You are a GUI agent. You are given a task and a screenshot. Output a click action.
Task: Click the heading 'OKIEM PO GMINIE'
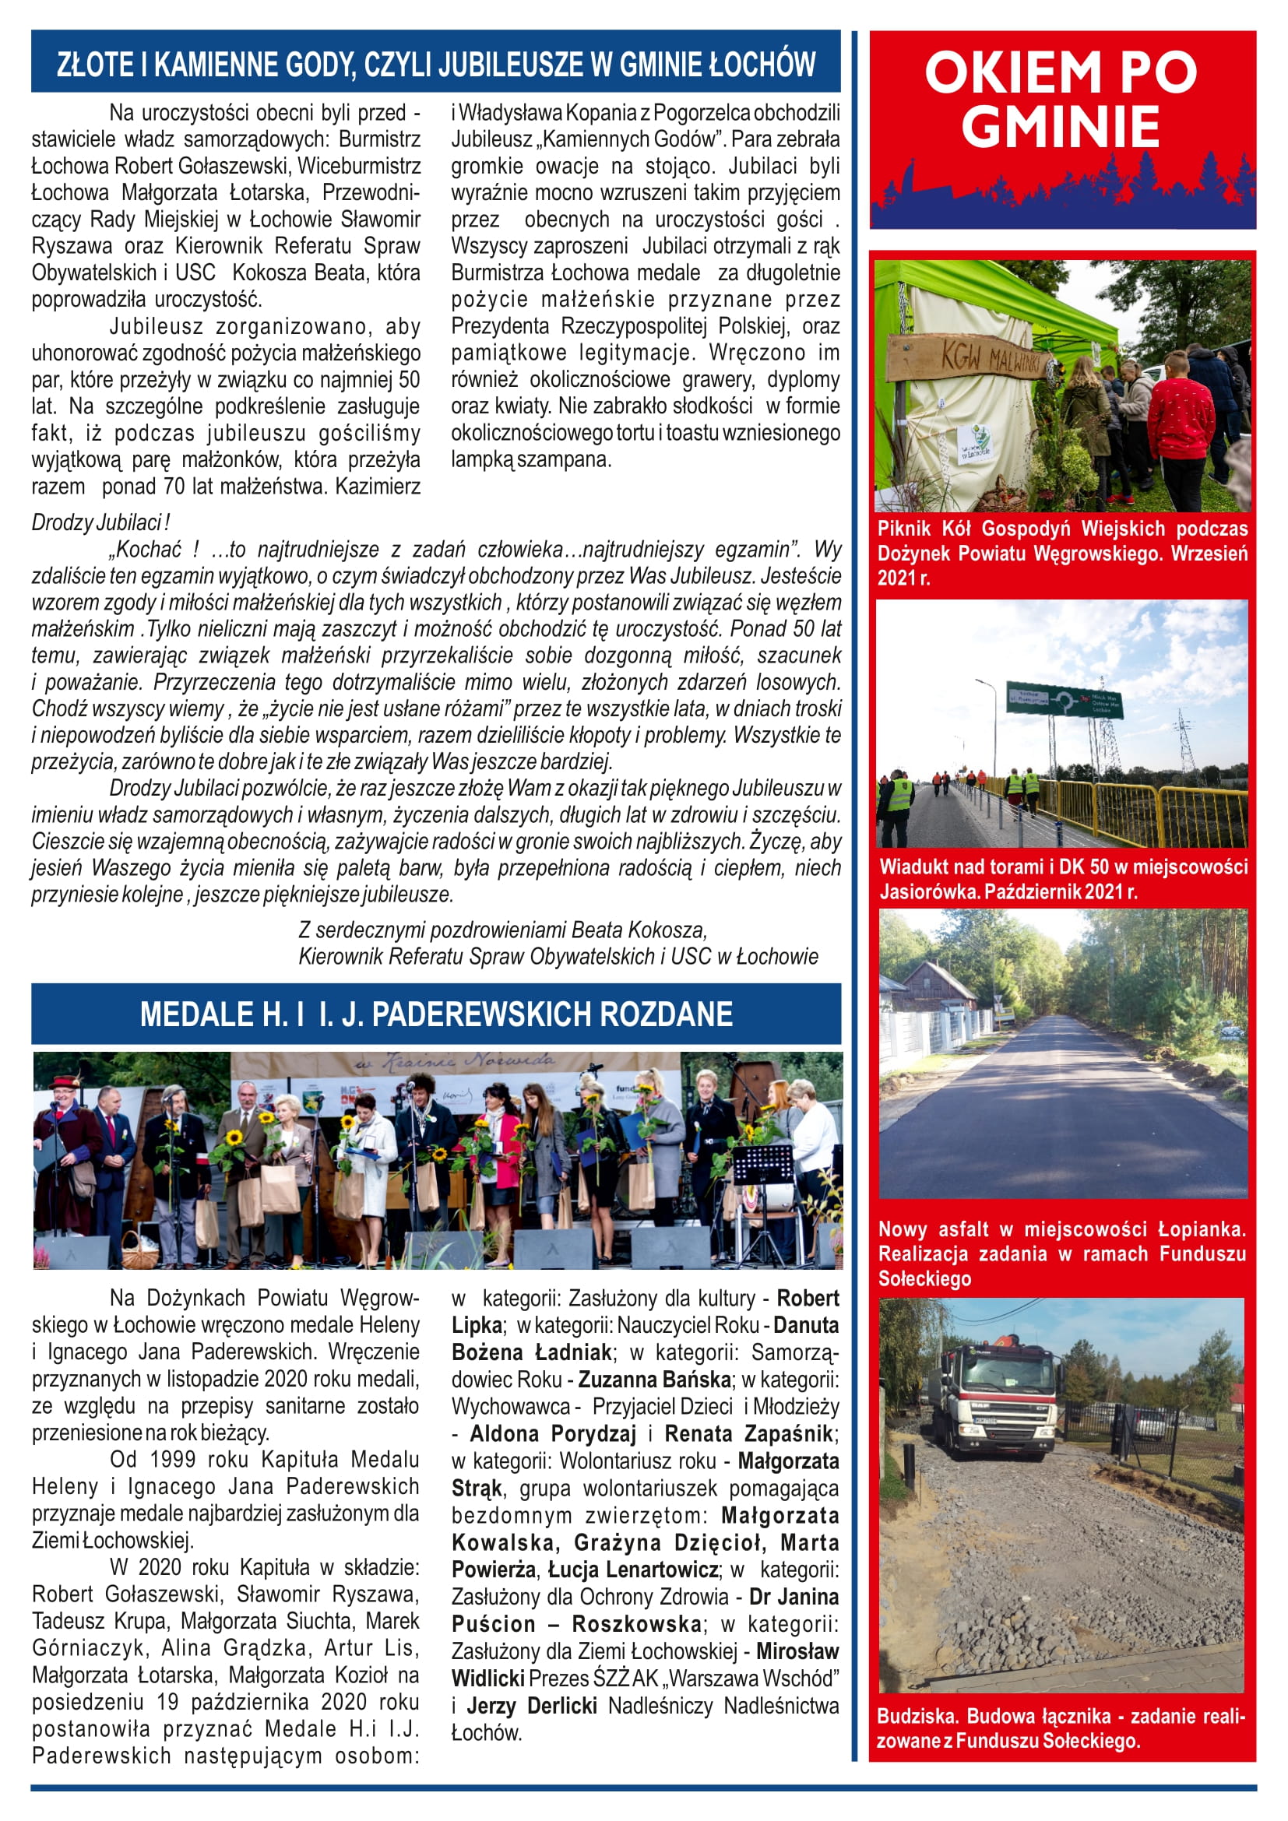[1061, 98]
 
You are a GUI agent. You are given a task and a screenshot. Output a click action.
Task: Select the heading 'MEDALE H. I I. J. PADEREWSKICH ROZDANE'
[436, 1014]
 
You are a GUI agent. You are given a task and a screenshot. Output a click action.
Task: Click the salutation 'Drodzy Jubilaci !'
[100, 522]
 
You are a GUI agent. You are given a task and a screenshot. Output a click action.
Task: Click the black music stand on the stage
[762, 1166]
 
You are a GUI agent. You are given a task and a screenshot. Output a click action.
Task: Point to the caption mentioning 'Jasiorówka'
[1063, 879]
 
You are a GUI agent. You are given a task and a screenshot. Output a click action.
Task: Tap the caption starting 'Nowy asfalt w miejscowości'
[1061, 1254]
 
